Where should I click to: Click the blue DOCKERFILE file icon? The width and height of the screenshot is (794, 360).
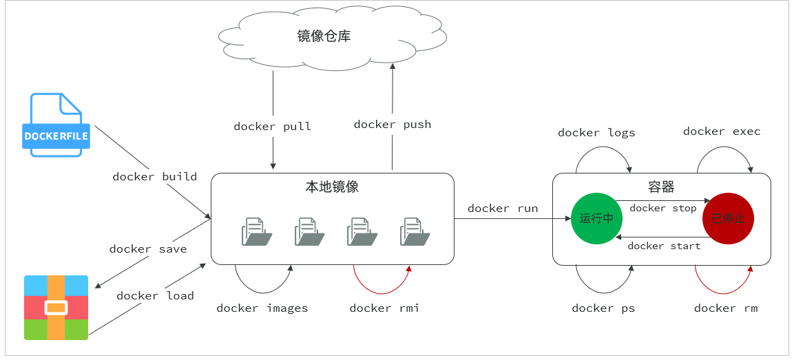coord(56,125)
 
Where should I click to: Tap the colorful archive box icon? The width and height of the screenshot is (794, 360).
coord(56,307)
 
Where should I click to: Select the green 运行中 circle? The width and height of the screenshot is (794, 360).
coord(596,219)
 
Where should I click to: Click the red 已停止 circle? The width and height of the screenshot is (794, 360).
coord(728,219)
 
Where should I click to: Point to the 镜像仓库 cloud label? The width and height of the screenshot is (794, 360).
coord(324,36)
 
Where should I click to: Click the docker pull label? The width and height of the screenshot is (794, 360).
coord(273,127)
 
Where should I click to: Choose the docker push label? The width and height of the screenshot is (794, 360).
coord(393,125)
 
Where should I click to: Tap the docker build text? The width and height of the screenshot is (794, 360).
coord(155,177)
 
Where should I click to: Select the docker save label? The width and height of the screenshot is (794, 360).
coord(148,249)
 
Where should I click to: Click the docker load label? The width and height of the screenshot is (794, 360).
coord(155,296)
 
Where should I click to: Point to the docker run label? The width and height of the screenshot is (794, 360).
coord(503,209)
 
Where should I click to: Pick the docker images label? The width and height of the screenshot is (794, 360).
coord(262,308)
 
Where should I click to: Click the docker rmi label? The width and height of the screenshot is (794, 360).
coord(384,308)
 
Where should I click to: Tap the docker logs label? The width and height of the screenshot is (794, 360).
coord(596,133)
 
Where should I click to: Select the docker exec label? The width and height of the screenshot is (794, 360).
coord(722,131)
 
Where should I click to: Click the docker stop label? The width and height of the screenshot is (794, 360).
coord(663,209)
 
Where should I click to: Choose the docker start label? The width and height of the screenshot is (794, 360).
coord(664,246)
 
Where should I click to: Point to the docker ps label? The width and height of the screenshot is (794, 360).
coord(603,308)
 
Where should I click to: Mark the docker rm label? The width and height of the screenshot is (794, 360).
coord(726,308)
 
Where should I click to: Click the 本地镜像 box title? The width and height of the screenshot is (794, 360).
coord(332,187)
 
